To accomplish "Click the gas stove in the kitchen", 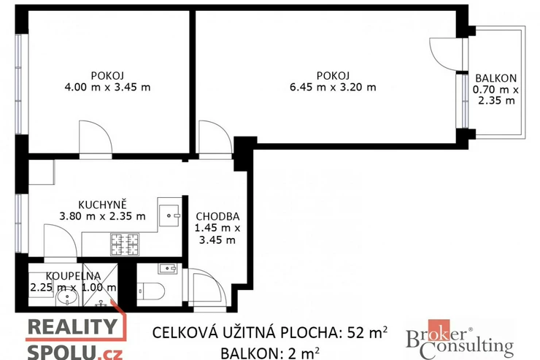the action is [x=125, y=244].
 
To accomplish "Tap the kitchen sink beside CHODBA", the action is [x=169, y=215].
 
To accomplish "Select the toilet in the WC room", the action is [x=152, y=291].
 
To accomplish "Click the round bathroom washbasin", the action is [x=67, y=299].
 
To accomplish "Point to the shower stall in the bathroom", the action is [x=100, y=285].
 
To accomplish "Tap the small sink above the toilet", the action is [x=168, y=269].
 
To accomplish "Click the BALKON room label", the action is [x=496, y=78].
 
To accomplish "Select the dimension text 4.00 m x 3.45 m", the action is [x=107, y=87].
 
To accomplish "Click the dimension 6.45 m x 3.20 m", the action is [x=333, y=87].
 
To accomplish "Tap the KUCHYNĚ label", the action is [x=102, y=204].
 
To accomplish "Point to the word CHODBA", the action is [x=217, y=216].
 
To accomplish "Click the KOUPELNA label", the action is [x=74, y=276].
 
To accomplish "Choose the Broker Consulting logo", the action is [x=460, y=340].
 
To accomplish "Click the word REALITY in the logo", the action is [x=72, y=326].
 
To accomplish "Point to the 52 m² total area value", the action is [x=367, y=332].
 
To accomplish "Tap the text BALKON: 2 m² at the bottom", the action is [x=270, y=353].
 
